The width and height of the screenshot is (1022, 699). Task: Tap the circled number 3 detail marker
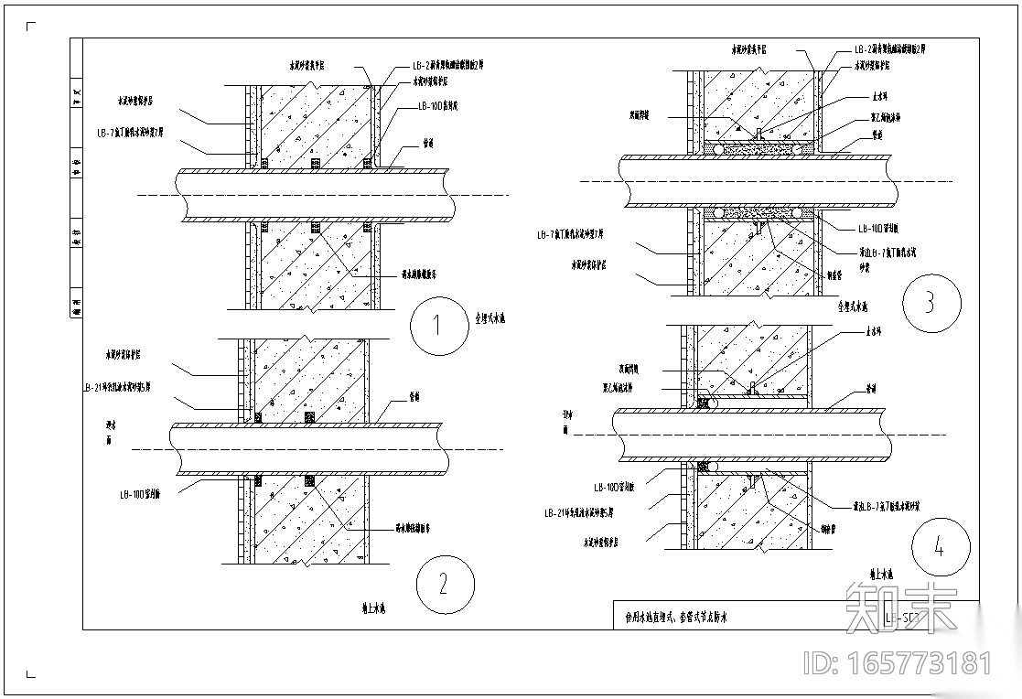click(x=931, y=304)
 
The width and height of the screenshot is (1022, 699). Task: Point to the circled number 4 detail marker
click(x=940, y=547)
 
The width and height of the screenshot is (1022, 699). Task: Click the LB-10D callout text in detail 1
click(x=437, y=106)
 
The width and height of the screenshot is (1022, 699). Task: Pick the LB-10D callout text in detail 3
click(x=877, y=230)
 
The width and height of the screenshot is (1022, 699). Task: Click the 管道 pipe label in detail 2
click(x=414, y=398)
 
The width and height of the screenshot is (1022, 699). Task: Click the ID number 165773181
click(x=897, y=662)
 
